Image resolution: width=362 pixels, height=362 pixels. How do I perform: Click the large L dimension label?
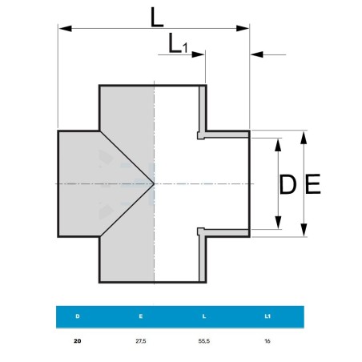click(157, 18)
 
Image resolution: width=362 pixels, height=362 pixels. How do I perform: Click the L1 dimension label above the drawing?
click(178, 43)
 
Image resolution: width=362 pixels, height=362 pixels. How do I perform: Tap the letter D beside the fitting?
click(288, 184)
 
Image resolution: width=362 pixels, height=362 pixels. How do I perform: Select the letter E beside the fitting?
click(313, 183)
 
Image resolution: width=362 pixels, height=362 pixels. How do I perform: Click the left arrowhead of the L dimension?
click(65, 28)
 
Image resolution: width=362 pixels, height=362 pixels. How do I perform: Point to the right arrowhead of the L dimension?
click(243, 28)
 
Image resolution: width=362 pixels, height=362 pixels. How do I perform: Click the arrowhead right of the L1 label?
click(198, 54)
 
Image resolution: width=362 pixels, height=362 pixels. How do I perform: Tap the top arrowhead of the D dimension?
click(278, 145)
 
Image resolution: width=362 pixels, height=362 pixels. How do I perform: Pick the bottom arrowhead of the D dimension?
click(278, 223)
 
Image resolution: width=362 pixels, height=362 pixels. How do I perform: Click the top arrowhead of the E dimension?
click(304, 138)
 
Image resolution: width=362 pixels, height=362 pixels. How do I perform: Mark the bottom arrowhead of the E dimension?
click(304, 230)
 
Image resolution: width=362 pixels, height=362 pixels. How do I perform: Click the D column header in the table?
click(78, 316)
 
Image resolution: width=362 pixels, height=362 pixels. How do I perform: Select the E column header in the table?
click(141, 316)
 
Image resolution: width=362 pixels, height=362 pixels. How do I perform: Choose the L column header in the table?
click(204, 316)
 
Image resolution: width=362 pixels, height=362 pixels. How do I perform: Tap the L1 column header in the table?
click(267, 316)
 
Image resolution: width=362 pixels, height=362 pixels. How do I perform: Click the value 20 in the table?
click(78, 341)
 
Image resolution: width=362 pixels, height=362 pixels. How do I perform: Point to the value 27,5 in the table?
click(141, 341)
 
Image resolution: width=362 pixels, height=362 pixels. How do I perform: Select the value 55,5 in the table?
click(204, 341)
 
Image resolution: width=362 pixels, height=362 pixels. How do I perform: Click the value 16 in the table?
click(267, 341)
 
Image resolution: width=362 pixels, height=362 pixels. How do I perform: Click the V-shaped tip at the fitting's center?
click(154, 183)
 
